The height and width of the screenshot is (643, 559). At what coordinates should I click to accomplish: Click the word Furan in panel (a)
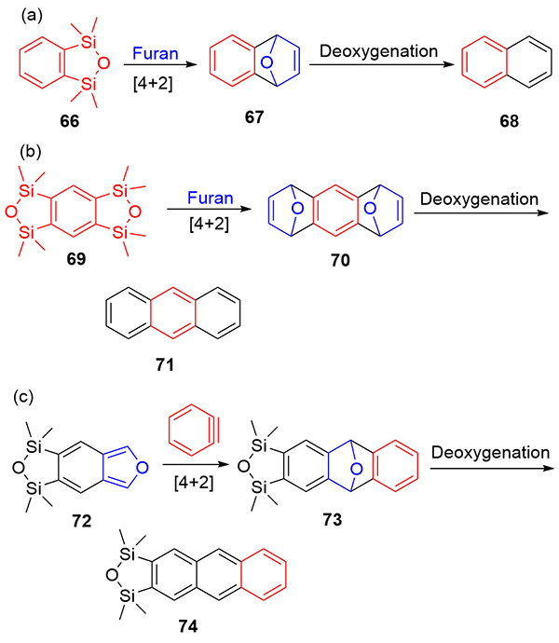(155, 55)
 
